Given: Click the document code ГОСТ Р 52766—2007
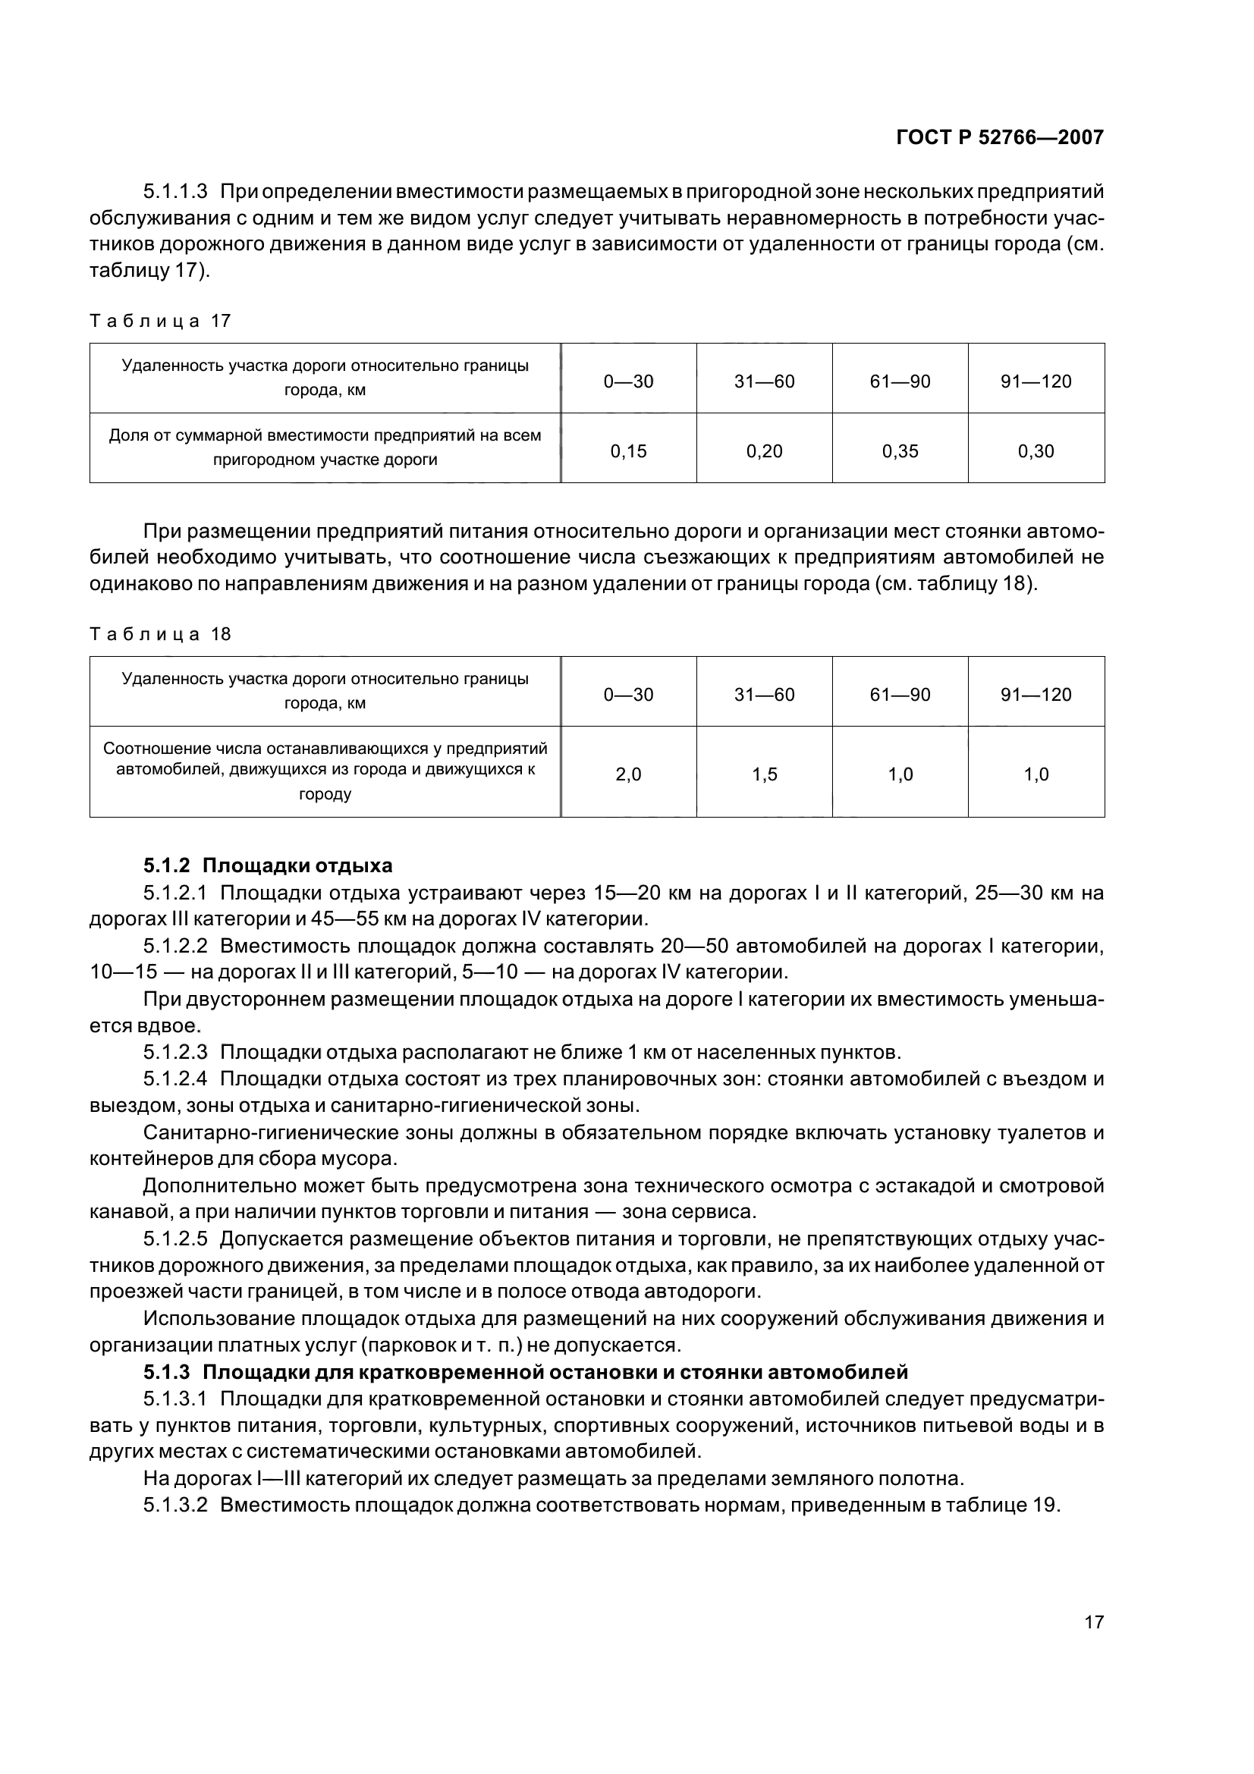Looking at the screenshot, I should tap(1000, 137).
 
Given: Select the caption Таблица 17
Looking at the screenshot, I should tap(161, 321).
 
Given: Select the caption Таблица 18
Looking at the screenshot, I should tap(161, 634).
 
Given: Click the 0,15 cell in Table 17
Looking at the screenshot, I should tap(628, 451).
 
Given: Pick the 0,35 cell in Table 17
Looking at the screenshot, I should tap(900, 451).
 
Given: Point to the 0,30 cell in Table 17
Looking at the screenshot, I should tap(1036, 451).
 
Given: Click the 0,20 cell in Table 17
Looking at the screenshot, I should tap(764, 451).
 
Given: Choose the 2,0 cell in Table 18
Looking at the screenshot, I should tap(628, 774).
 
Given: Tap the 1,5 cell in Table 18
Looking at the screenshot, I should tap(764, 774).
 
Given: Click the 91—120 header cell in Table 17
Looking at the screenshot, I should tap(1036, 381).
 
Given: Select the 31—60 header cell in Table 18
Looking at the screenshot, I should tap(764, 695).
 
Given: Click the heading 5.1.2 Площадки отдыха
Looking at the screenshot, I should tap(268, 865).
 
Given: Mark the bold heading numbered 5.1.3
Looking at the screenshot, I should tap(526, 1372).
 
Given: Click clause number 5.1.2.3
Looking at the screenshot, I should tap(175, 1053).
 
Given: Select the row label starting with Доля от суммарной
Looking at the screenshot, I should tap(325, 447).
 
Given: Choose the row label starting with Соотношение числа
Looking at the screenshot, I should tap(325, 771).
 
